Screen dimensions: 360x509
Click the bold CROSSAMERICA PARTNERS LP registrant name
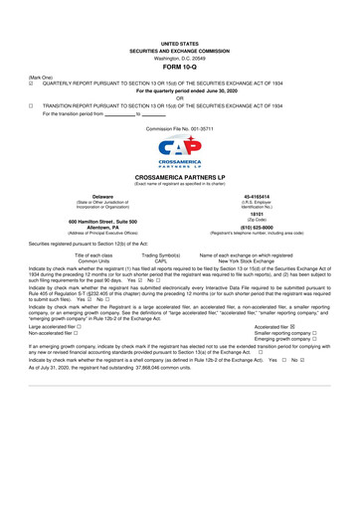click(x=180, y=176)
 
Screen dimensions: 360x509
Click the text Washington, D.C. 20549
click(x=180, y=58)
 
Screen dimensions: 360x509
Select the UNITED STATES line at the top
click(x=180, y=45)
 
